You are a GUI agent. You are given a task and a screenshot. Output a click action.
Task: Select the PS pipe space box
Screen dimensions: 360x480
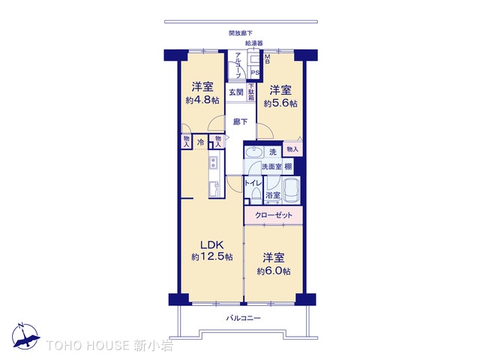coord(255,73)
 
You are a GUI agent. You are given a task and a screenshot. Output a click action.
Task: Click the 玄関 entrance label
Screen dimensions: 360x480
coord(235,92)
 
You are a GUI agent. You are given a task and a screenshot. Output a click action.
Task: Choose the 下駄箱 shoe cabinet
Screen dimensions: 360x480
coord(251,91)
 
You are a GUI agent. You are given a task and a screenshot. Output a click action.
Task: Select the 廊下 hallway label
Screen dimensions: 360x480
coord(239,121)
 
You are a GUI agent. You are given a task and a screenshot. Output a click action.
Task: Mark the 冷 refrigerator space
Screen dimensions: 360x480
coord(200,142)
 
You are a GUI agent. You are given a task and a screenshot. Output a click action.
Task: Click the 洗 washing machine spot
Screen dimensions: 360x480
coord(273,152)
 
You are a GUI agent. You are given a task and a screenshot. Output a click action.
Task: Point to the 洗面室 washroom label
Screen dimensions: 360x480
coord(271,166)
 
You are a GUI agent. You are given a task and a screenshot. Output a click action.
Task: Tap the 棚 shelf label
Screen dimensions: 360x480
coord(289,166)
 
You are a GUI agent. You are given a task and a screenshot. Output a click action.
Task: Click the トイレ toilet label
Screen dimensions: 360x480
coord(253,182)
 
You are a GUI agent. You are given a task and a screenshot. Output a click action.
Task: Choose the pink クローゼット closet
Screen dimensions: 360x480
coord(274,214)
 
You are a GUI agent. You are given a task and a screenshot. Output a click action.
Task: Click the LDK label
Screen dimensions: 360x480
coord(211,244)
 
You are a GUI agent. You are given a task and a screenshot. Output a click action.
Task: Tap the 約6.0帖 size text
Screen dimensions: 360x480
coord(274,271)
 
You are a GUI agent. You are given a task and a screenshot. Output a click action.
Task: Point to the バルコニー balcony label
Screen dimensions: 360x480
coord(244,319)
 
